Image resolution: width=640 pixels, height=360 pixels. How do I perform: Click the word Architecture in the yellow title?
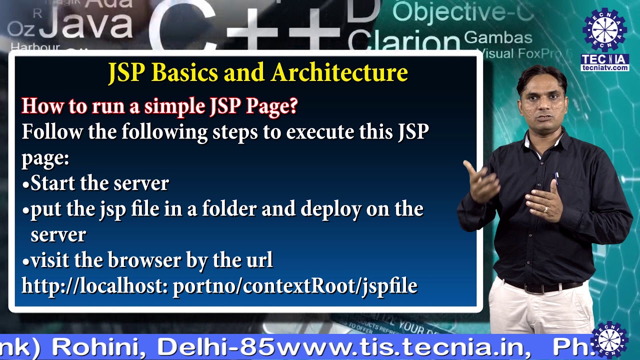pyautogui.click(x=339, y=73)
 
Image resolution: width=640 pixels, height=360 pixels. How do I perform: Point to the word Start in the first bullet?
pyautogui.click(x=52, y=183)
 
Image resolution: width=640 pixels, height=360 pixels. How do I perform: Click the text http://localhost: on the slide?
pyautogui.click(x=94, y=286)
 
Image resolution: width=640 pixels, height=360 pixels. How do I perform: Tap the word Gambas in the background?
pyautogui.click(x=498, y=37)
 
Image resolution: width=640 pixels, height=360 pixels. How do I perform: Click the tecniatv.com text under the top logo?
pyautogui.click(x=605, y=68)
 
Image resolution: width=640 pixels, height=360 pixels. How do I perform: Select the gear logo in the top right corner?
pyautogui.click(x=605, y=29)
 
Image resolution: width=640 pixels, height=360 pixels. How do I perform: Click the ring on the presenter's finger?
pyautogui.click(x=546, y=210)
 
